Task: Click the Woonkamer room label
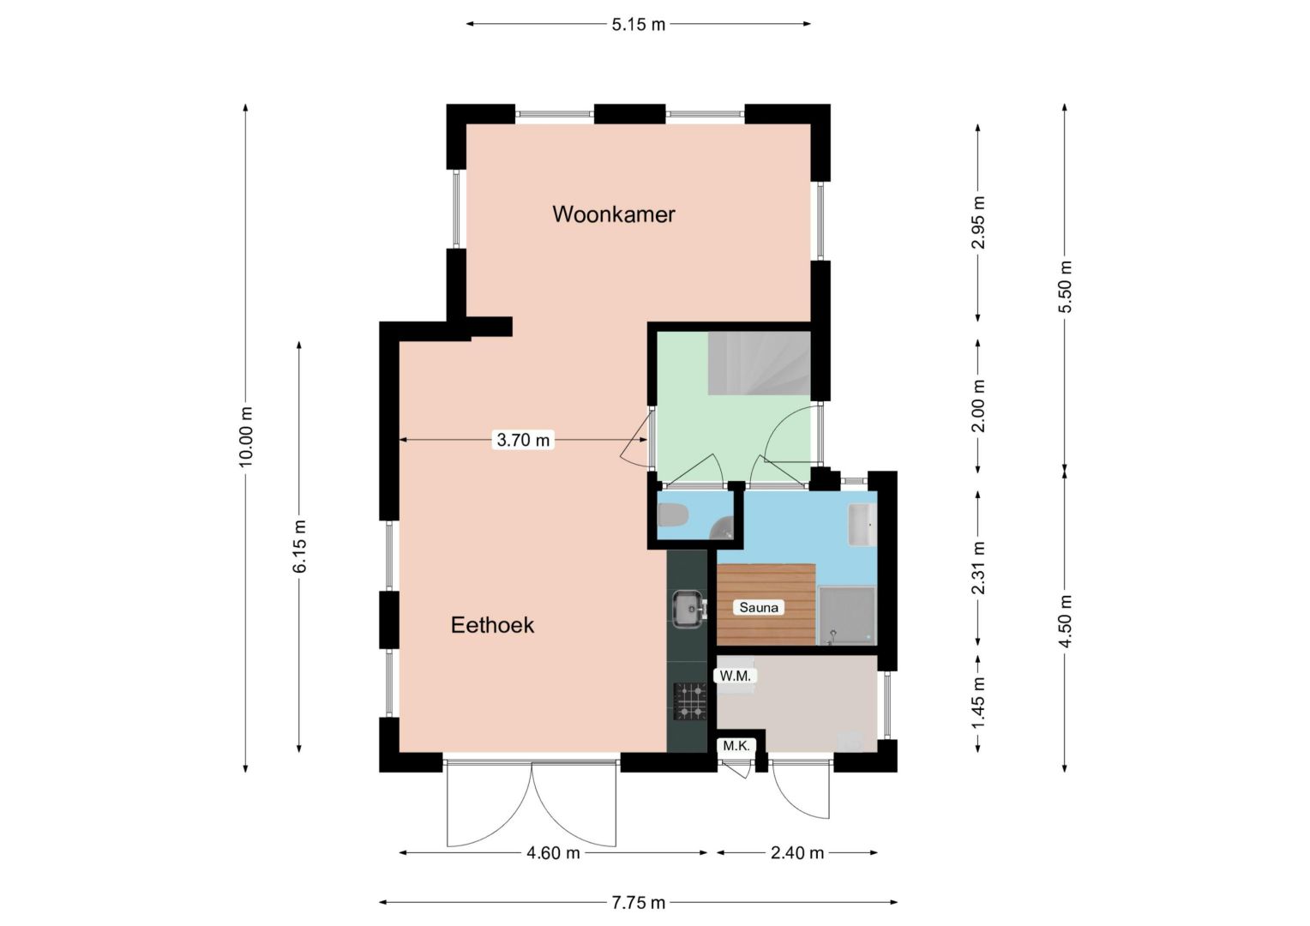[x=614, y=214]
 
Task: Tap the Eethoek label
[x=492, y=625]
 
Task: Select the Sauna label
[x=759, y=607]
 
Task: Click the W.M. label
[x=735, y=676]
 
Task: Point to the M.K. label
[x=736, y=746]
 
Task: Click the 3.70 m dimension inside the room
[x=523, y=440]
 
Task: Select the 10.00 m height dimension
[x=246, y=436]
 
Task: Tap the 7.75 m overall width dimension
[x=638, y=903]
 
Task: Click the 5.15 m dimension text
[x=639, y=25]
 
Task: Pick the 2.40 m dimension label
[x=797, y=853]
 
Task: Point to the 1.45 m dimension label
[x=978, y=702]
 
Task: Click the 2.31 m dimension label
[x=978, y=568]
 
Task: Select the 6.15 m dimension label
[x=299, y=546]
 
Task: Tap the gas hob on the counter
[x=690, y=701]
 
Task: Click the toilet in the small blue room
[x=673, y=515]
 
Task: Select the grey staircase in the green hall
[x=759, y=364]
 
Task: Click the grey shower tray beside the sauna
[x=847, y=616]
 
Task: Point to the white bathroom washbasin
[x=862, y=524]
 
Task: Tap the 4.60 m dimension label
[x=553, y=853]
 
